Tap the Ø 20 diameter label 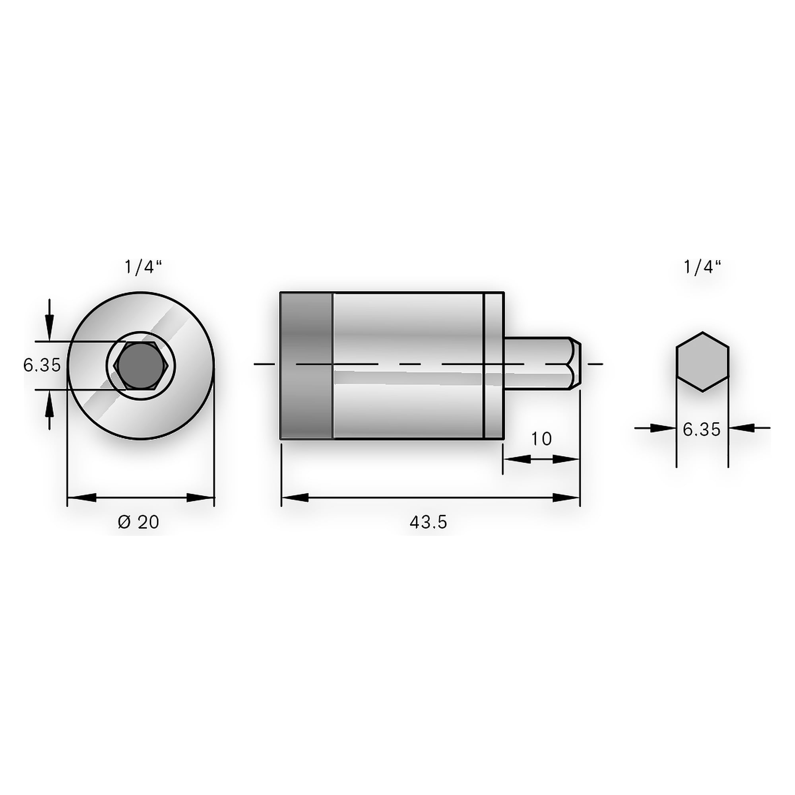click(138, 522)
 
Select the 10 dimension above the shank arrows click(541, 439)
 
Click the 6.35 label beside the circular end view click(42, 365)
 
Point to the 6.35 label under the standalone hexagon click(702, 430)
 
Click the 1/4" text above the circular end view click(143, 267)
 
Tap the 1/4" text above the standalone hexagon click(702, 267)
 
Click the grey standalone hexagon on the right click(702, 362)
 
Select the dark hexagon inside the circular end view click(141, 365)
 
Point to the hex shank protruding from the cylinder click(542, 364)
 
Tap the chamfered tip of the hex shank click(576, 364)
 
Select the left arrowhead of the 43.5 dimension click(295, 498)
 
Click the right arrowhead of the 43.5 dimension click(566, 498)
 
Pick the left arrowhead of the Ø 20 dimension click(81, 498)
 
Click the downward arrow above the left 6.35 click(49, 320)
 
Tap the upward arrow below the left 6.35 click(49, 410)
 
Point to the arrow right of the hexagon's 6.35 click(749, 428)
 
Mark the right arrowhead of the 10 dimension click(566, 459)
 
